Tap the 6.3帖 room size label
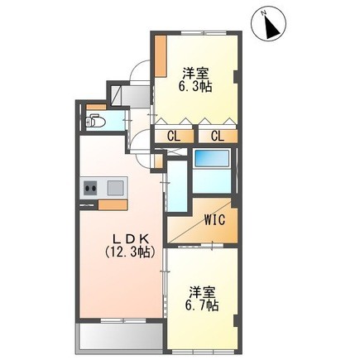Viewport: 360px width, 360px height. [x=195, y=87]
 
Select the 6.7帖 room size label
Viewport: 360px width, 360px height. [x=202, y=305]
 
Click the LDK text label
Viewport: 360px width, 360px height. [x=132, y=238]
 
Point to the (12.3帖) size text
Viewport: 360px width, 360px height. [x=130, y=252]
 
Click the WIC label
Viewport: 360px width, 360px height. [x=215, y=220]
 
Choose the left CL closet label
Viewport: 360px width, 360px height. [x=175, y=137]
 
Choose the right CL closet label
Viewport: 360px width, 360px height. [x=218, y=137]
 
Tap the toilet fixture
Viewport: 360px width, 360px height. [x=94, y=121]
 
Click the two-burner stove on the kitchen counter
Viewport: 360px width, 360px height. [x=90, y=188]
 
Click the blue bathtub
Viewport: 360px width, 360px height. [x=212, y=158]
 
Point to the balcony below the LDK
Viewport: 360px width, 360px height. [x=120, y=338]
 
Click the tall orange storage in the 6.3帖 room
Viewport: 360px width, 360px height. [x=161, y=55]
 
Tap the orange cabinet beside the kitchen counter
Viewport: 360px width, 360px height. [x=113, y=205]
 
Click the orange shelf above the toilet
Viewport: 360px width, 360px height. [x=96, y=108]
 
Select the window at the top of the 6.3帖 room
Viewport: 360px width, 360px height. [x=204, y=33]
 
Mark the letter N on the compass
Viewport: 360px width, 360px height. [x=264, y=12]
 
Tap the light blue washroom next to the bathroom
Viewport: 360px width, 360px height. [x=178, y=186]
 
